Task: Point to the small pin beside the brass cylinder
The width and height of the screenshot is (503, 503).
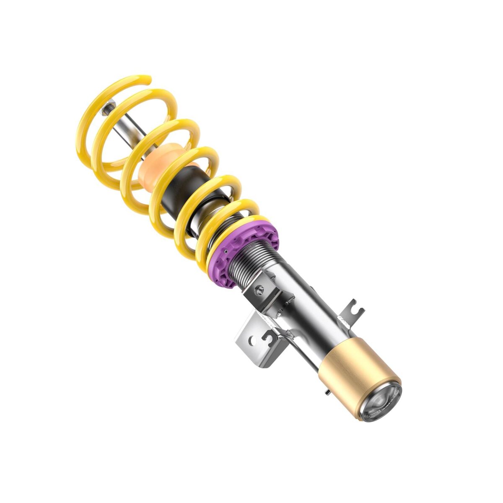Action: tap(327, 392)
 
